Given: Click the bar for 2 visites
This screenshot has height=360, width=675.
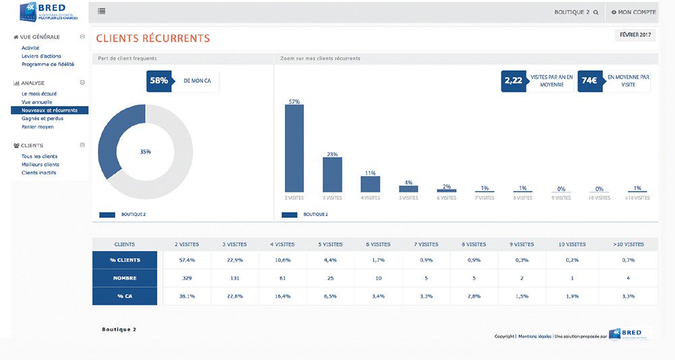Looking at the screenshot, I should pyautogui.click(x=294, y=149).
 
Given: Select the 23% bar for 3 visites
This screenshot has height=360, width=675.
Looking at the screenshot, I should pyautogui.click(x=332, y=175).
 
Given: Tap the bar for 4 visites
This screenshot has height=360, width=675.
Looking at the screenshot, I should pyautogui.click(x=370, y=184).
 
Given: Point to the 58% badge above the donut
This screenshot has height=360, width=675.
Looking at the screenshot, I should pyautogui.click(x=159, y=80).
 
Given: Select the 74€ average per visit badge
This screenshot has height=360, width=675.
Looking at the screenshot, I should pyautogui.click(x=589, y=81).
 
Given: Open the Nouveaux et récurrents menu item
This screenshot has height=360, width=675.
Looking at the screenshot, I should pyautogui.click(x=49, y=110).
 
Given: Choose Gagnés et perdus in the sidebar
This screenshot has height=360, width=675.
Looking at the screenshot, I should pyautogui.click(x=42, y=118).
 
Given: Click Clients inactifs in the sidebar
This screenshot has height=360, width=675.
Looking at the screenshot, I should pyautogui.click(x=39, y=172).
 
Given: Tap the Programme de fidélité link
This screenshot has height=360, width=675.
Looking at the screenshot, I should pyautogui.click(x=48, y=64).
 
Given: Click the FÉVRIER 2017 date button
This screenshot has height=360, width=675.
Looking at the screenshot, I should pyautogui.click(x=635, y=35).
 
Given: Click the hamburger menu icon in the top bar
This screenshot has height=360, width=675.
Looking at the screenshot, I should pyautogui.click(x=101, y=11).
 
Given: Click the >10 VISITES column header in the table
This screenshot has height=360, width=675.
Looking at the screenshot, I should pyautogui.click(x=628, y=244).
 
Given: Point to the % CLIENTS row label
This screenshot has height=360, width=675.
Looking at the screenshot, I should pyautogui.click(x=125, y=260).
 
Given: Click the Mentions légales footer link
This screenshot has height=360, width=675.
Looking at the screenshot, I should pyautogui.click(x=534, y=336).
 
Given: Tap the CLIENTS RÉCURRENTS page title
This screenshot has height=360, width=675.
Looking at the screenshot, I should pyautogui.click(x=153, y=38).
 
